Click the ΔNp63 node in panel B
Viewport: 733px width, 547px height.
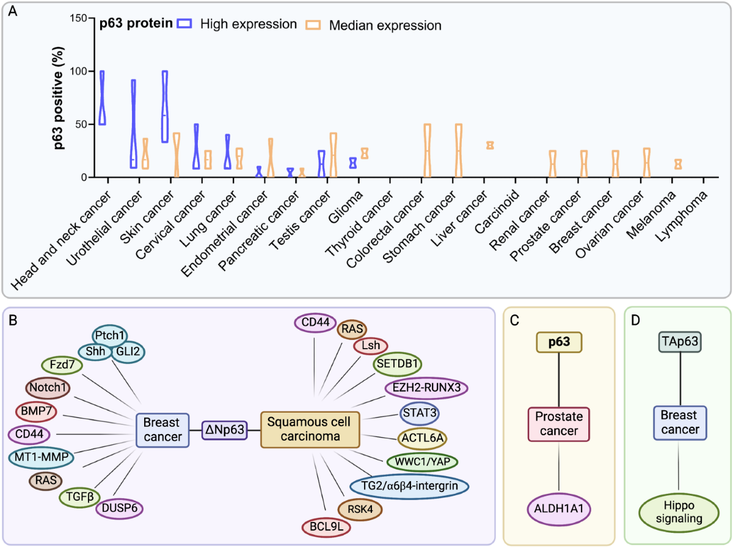coord(225,430)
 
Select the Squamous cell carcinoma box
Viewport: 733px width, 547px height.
coord(309,430)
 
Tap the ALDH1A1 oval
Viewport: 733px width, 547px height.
coord(559,509)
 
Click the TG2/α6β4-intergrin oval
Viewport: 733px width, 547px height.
coord(410,485)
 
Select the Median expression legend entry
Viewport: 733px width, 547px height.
coord(374,25)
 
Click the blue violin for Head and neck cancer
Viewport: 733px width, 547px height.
coord(103,98)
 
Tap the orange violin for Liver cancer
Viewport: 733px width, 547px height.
coord(489,145)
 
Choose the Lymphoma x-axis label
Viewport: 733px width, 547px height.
coord(685,211)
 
